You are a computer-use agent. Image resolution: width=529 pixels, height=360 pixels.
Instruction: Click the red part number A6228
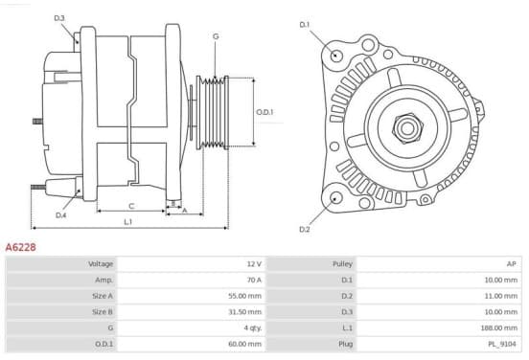(20, 247)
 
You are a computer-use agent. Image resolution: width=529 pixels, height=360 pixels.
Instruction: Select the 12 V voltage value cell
(254, 263)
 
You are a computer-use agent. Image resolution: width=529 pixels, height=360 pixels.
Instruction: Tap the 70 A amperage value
(254, 280)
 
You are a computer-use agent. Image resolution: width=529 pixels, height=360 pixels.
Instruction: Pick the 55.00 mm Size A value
(245, 296)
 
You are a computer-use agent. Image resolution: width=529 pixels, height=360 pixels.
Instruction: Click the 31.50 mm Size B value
(245, 312)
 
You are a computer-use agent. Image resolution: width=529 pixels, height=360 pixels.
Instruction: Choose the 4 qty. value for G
(253, 327)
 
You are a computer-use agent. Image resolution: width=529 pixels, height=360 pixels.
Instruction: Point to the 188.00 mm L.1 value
(498, 327)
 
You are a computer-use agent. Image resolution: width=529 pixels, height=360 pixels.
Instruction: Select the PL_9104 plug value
(502, 344)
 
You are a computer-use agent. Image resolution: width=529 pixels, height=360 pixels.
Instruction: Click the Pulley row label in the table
(342, 264)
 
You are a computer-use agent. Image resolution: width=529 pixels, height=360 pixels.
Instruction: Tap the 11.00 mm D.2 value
(500, 296)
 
